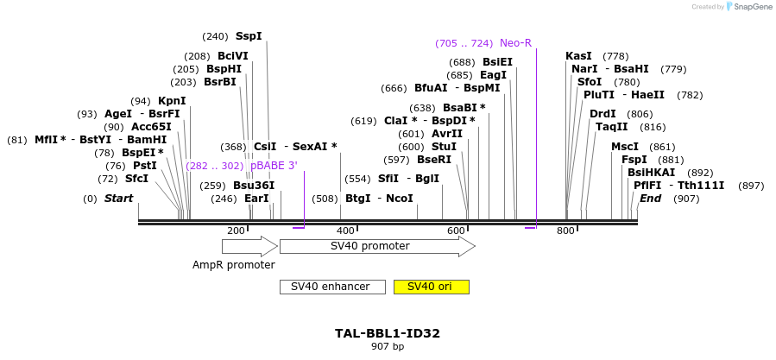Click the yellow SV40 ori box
pos(431,287)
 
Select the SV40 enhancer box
pos(332,287)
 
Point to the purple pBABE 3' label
pos(274,166)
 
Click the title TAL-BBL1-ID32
pos(388,333)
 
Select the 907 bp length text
pos(388,346)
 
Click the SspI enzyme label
pos(249,36)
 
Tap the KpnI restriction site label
pos(172,101)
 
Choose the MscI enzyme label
pos(625,147)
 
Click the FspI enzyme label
pos(634,160)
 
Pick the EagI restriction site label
pos(493,75)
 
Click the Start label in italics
pos(119,199)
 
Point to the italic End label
pos(650,199)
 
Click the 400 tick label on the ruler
pos(345,231)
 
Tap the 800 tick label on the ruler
pos(565,231)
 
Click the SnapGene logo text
pos(749,7)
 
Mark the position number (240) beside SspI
pos(215,36)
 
